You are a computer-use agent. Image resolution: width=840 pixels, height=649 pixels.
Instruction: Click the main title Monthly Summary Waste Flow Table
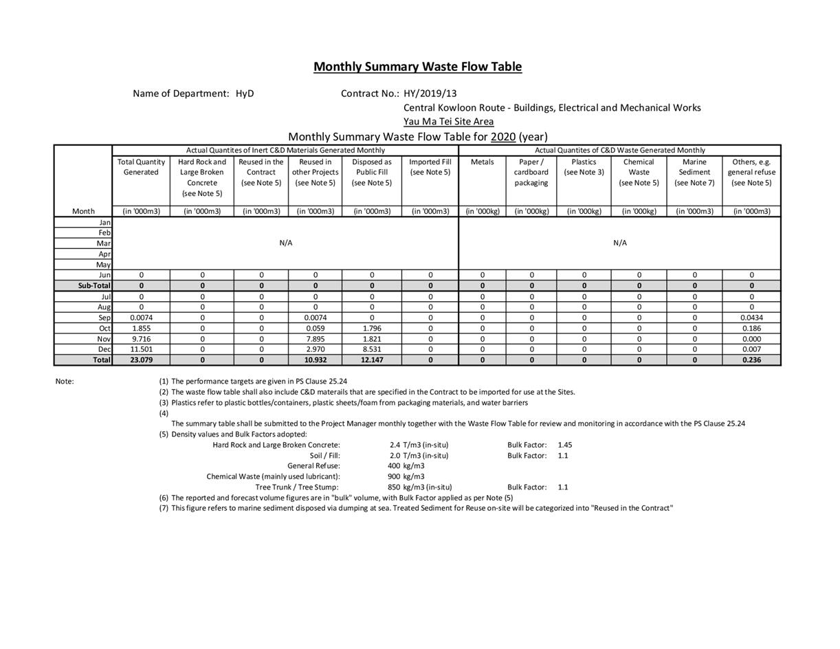tap(417, 67)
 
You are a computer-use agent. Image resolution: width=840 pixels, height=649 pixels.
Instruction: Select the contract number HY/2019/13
tap(430, 93)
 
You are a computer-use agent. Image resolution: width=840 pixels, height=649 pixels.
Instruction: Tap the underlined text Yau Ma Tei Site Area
tap(448, 122)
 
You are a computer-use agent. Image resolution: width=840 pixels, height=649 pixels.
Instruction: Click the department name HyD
tap(245, 93)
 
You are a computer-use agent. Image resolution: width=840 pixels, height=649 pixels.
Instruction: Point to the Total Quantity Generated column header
tap(141, 167)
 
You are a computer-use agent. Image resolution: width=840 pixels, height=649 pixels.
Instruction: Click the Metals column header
tap(482, 162)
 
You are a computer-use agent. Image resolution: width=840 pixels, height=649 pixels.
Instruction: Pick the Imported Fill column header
tap(430, 167)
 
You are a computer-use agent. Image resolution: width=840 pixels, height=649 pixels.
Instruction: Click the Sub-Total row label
tap(94, 285)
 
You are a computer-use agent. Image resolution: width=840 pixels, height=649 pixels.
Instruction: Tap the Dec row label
tap(104, 349)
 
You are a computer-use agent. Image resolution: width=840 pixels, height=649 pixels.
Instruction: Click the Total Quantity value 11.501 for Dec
tap(141, 349)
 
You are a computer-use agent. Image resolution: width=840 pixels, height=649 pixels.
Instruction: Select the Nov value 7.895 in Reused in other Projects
tap(315, 339)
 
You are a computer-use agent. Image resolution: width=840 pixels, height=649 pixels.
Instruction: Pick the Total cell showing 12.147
tap(372, 360)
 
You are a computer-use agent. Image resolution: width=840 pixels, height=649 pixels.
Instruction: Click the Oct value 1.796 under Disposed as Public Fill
tap(372, 329)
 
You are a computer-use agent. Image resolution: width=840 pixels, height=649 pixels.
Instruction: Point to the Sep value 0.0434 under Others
tap(751, 318)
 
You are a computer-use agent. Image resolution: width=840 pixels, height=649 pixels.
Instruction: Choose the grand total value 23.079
tap(141, 360)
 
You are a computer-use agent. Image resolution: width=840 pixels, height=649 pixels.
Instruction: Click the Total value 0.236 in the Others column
tap(751, 360)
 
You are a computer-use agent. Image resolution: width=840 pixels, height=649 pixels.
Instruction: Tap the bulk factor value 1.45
tap(565, 445)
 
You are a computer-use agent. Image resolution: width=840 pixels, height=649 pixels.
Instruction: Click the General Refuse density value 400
tap(393, 466)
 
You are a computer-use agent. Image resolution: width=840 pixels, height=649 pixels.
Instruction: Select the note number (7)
tap(164, 508)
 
